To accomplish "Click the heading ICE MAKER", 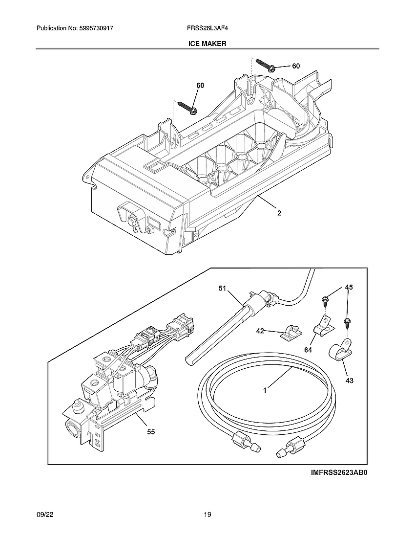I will click(x=207, y=44).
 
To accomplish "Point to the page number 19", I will click(x=207, y=515).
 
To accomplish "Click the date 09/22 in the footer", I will click(x=44, y=515).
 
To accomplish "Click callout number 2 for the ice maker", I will click(x=279, y=213).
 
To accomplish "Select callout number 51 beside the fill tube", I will click(x=223, y=289).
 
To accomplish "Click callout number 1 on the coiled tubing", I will click(x=265, y=390).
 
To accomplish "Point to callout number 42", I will click(x=260, y=331).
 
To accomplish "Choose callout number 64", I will click(x=308, y=350).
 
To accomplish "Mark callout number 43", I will click(x=349, y=380).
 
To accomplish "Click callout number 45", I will click(x=349, y=287).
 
